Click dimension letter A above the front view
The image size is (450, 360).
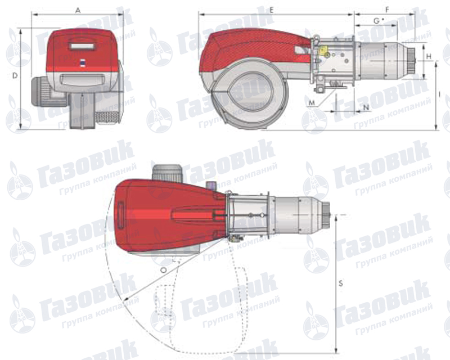[78, 11]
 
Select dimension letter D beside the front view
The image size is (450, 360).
[15, 76]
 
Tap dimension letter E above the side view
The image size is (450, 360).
[272, 10]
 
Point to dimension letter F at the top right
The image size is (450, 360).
[387, 10]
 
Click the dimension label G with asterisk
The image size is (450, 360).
[379, 21]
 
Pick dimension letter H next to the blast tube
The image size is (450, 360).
[429, 57]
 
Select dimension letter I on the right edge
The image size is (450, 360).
[439, 94]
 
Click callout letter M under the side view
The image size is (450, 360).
[312, 103]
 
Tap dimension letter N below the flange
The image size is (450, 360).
[366, 107]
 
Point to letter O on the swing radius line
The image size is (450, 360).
[163, 270]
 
